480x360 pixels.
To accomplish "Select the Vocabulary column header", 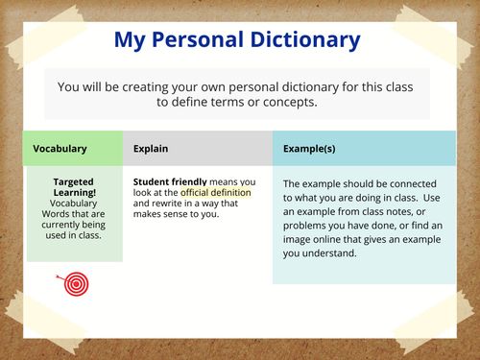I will pos(60,149).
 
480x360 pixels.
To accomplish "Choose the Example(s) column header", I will pos(309,149).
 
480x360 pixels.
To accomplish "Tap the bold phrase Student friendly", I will pos(170,181).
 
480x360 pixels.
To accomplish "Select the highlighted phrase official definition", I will pos(215,192).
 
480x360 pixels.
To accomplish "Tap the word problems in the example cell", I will pos(304,226).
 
